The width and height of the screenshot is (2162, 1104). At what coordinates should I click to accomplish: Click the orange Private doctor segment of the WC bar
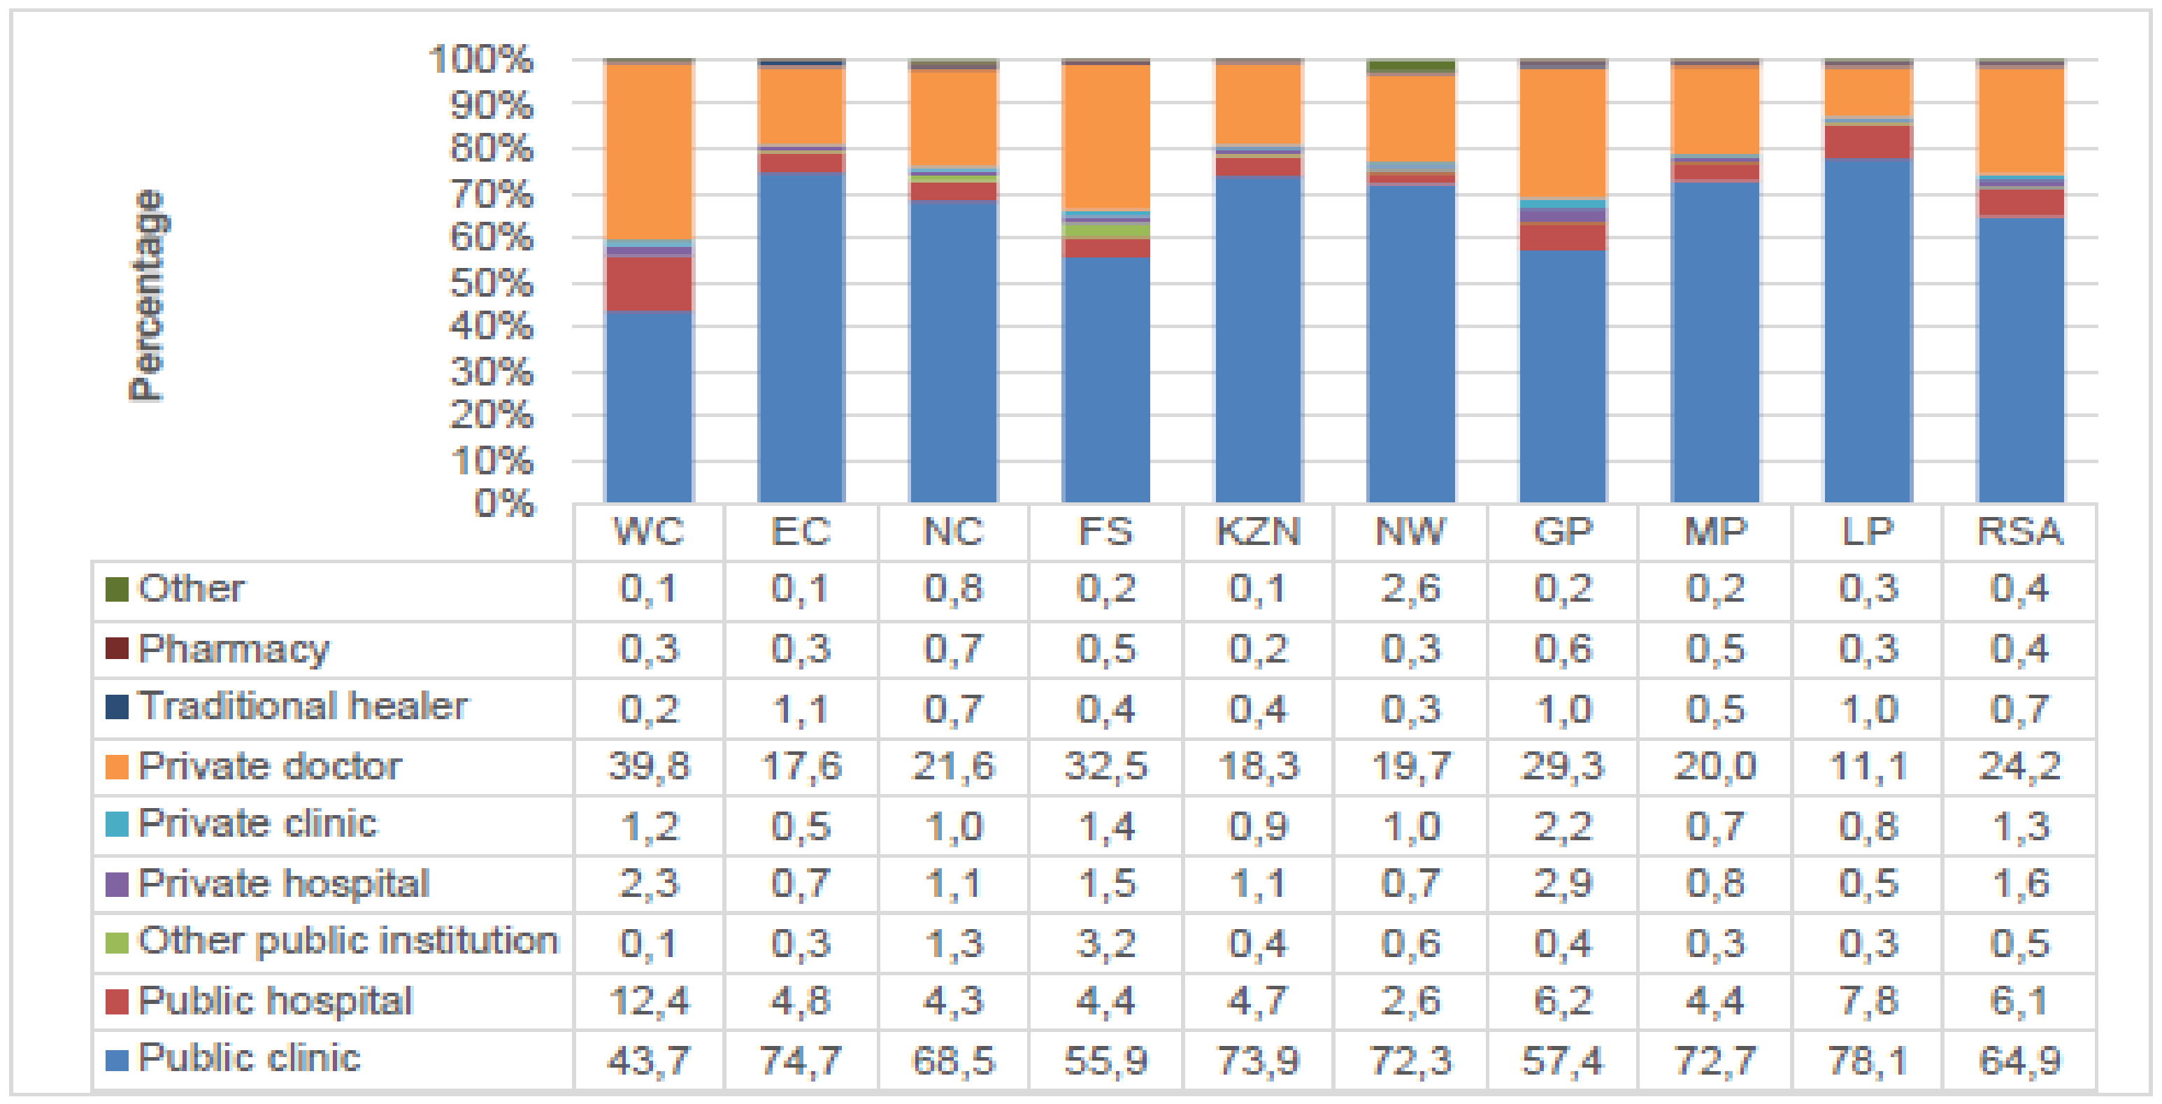coord(649,151)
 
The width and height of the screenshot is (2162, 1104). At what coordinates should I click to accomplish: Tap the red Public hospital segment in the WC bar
coord(649,284)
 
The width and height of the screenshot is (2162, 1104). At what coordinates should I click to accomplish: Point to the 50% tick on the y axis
coord(491,284)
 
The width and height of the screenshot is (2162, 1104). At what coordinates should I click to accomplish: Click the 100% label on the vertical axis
coord(480,59)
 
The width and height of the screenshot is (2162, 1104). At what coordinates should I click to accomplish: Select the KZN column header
coord(1257,532)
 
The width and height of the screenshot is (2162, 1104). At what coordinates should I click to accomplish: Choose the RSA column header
coord(2019,532)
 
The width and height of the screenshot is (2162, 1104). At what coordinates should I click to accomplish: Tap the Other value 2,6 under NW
coord(1410,588)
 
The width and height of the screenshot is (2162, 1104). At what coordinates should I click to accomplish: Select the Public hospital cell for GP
coord(1562,1000)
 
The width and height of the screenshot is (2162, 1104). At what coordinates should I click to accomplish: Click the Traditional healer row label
coord(302,706)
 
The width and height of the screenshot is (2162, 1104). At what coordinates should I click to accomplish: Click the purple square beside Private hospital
coord(117,884)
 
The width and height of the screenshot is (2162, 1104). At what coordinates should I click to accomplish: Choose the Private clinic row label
coord(257,823)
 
